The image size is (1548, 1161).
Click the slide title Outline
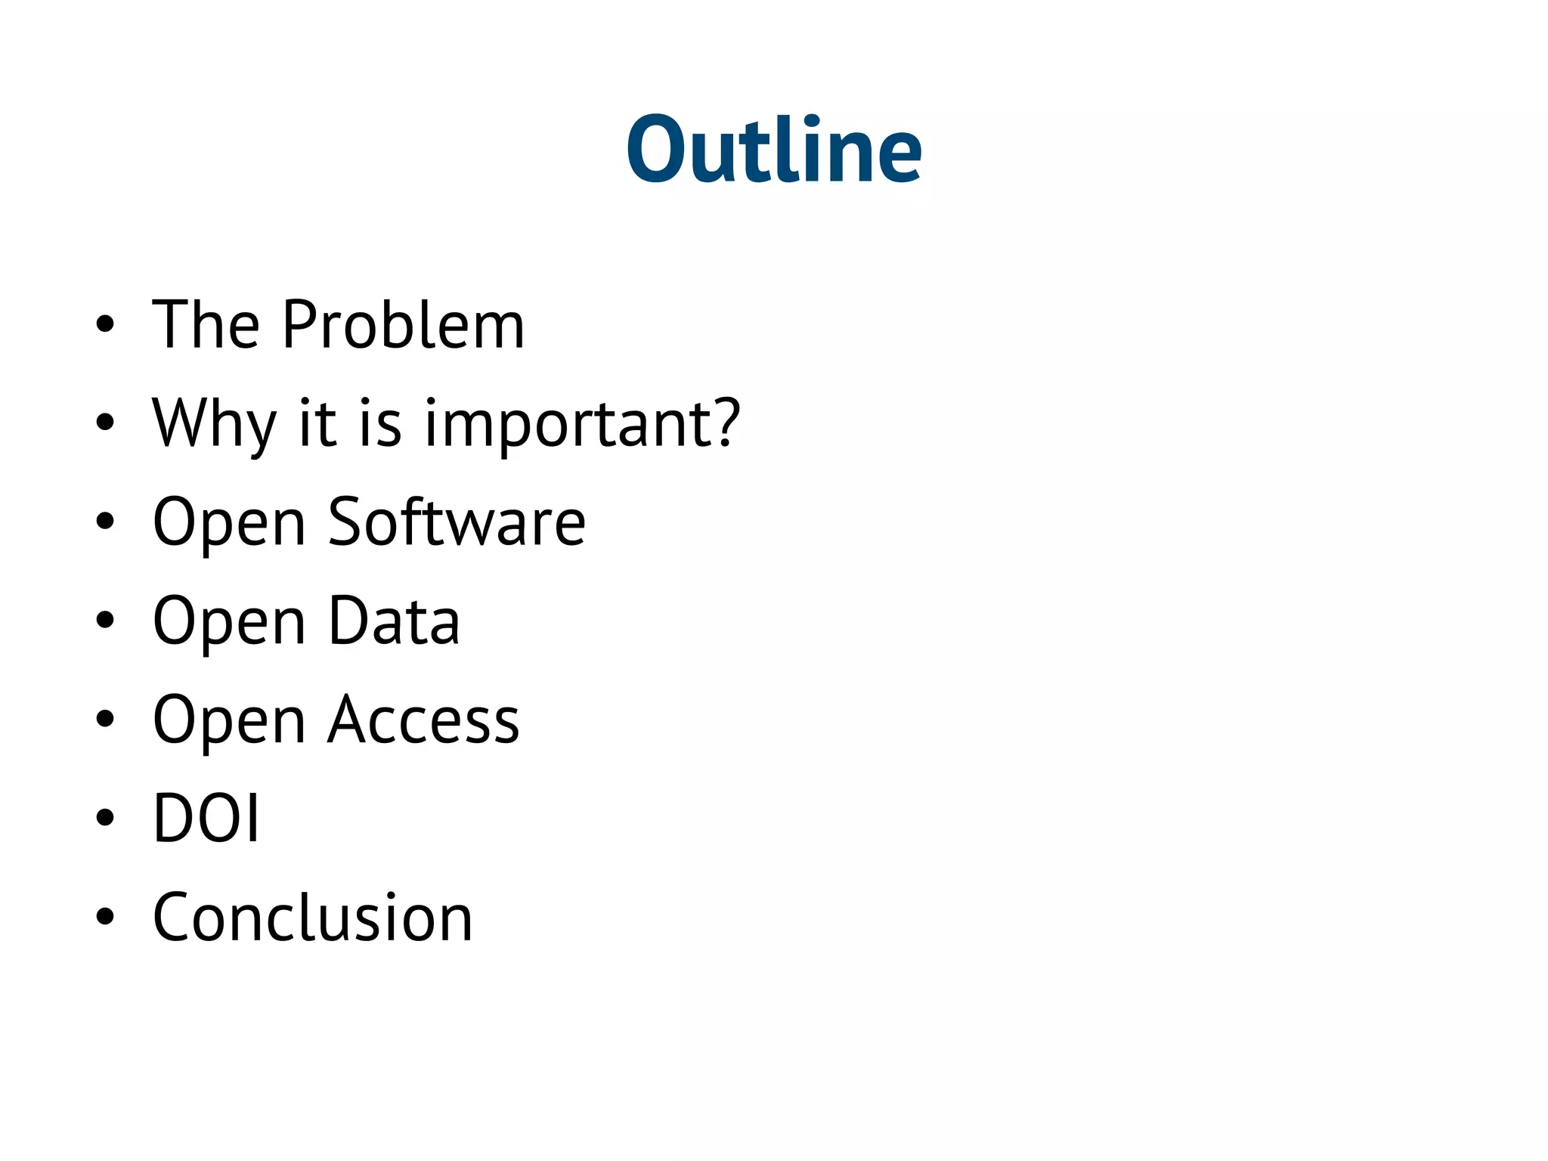click(x=774, y=150)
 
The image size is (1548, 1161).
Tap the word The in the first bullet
click(x=206, y=325)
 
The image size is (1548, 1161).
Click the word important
click(x=568, y=425)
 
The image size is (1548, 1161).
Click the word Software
click(x=457, y=522)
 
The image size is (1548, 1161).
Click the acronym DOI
click(x=206, y=819)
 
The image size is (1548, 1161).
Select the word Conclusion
click(x=312, y=918)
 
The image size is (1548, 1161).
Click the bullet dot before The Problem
click(x=105, y=325)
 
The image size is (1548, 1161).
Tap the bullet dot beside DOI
click(x=105, y=819)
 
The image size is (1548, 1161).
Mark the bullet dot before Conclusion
click(x=105, y=918)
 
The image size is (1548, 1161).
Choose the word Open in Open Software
click(x=229, y=524)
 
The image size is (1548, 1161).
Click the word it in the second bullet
click(x=317, y=423)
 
